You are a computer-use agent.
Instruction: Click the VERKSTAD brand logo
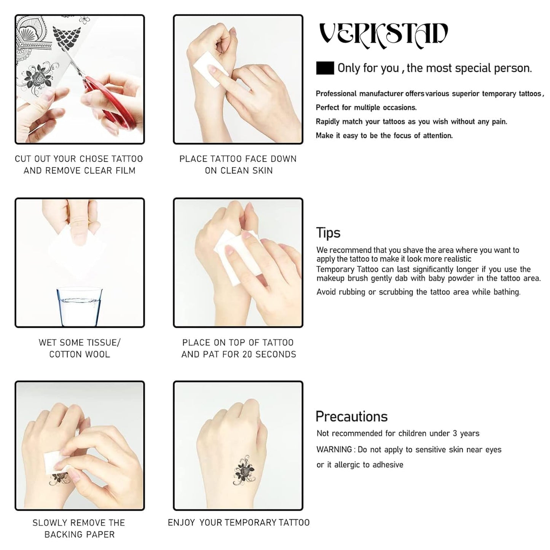point(383,35)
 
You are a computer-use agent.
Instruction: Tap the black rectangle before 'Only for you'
point(325,68)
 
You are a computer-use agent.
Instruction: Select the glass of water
point(80,306)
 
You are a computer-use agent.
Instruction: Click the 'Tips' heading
point(328,233)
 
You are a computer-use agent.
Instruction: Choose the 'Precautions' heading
point(351,416)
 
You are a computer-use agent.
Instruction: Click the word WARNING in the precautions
point(334,450)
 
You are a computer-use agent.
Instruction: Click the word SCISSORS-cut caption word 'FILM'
point(126,171)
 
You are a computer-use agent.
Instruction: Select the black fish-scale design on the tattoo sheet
point(67,37)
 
